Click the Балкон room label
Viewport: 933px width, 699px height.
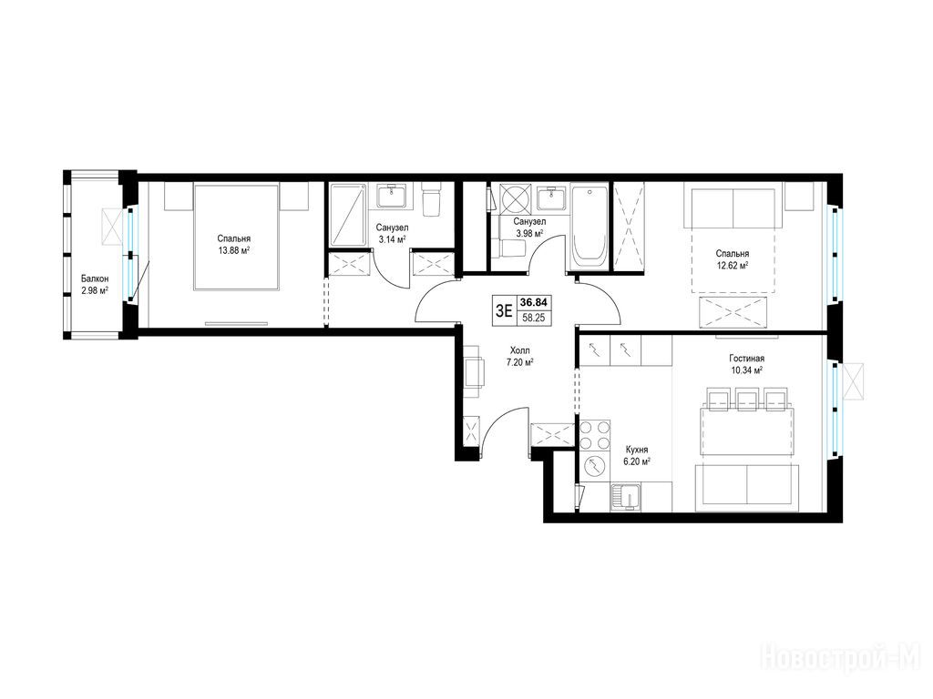95,279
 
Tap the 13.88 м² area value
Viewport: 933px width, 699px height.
233,250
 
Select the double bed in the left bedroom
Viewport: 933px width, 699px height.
236,238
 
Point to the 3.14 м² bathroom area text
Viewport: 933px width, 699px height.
392,239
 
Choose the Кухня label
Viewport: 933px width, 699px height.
637,450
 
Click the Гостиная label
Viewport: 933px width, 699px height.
746,359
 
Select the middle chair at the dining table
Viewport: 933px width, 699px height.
747,400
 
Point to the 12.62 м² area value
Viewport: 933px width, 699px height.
732,266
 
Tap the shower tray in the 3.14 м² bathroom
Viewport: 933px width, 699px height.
348,215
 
